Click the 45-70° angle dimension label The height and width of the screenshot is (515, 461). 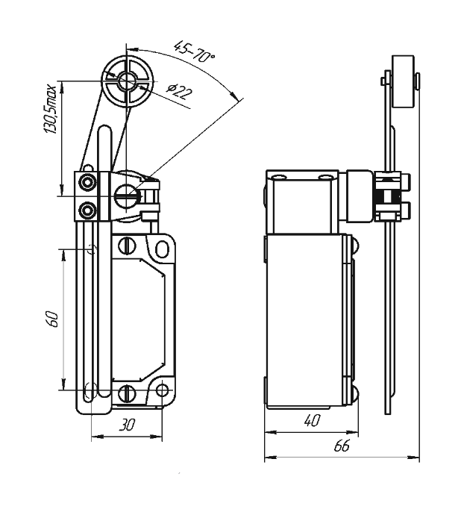pos(194,51)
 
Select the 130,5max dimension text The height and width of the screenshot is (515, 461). pos(50,109)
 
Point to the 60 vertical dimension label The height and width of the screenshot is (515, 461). pos(52,319)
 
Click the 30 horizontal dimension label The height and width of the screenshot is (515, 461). pos(127,425)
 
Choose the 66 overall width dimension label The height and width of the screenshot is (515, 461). pos(342,446)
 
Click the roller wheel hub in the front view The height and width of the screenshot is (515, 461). pos(126,81)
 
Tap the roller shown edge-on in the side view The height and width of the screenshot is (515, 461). pos(403,81)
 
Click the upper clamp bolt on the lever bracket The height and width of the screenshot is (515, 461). pos(87,182)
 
